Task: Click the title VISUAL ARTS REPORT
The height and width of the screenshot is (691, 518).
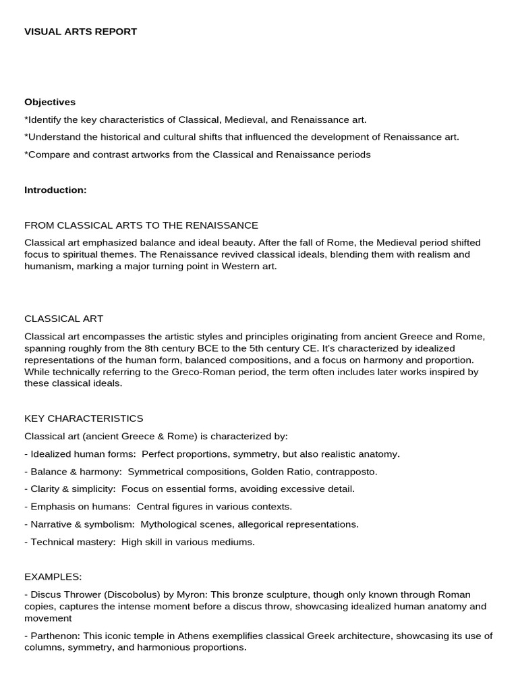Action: (80, 32)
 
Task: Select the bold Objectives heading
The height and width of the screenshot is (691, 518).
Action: (50, 102)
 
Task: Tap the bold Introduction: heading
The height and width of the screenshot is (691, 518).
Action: (55, 190)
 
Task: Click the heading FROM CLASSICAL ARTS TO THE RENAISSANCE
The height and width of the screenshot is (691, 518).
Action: (141, 225)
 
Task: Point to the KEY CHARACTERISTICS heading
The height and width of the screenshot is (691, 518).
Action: (84, 418)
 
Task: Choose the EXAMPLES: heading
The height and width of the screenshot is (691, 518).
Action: (53, 577)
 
